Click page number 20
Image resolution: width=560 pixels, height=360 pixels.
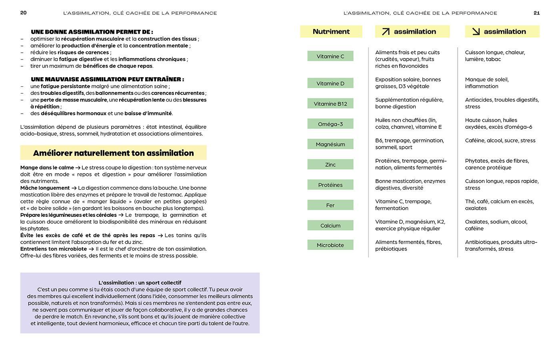[x=24, y=13]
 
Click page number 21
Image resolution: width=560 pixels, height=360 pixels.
[x=537, y=13]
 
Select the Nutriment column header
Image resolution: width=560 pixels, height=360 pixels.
[x=331, y=32]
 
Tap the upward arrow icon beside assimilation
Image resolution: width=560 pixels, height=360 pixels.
[x=386, y=32]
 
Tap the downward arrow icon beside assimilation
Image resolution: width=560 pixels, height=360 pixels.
[x=476, y=32]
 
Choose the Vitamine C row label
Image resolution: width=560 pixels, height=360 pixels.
[x=330, y=56]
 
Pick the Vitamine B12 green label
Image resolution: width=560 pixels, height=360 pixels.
[x=330, y=104]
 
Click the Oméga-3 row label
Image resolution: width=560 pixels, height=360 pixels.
[x=330, y=124]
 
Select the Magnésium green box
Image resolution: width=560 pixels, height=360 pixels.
[x=330, y=144]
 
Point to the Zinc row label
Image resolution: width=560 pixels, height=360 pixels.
[x=330, y=165]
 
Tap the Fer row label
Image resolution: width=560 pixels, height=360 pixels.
[x=330, y=205]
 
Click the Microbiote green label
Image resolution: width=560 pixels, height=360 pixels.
[x=330, y=245]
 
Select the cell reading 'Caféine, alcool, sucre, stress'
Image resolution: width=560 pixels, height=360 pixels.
[x=500, y=140]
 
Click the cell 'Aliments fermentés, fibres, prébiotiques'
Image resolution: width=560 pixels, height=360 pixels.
[x=408, y=245]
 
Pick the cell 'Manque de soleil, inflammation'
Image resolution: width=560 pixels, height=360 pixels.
[x=487, y=83]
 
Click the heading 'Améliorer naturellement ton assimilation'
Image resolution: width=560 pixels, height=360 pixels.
[x=114, y=153]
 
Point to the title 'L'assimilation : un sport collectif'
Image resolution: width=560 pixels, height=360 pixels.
[x=140, y=283]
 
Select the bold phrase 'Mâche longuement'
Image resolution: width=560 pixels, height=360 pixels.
[x=45, y=188]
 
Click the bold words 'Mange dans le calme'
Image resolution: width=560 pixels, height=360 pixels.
[x=47, y=168]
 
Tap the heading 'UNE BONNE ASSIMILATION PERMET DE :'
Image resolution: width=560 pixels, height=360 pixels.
[x=92, y=32]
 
